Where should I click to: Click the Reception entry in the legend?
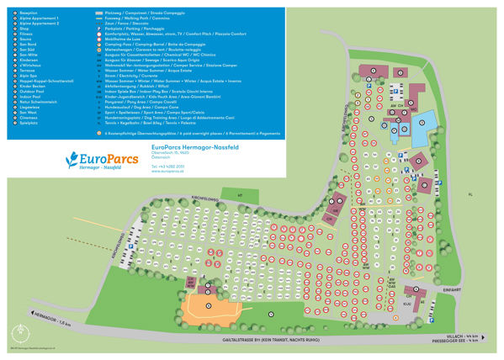25,13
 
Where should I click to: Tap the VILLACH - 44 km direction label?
472,334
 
